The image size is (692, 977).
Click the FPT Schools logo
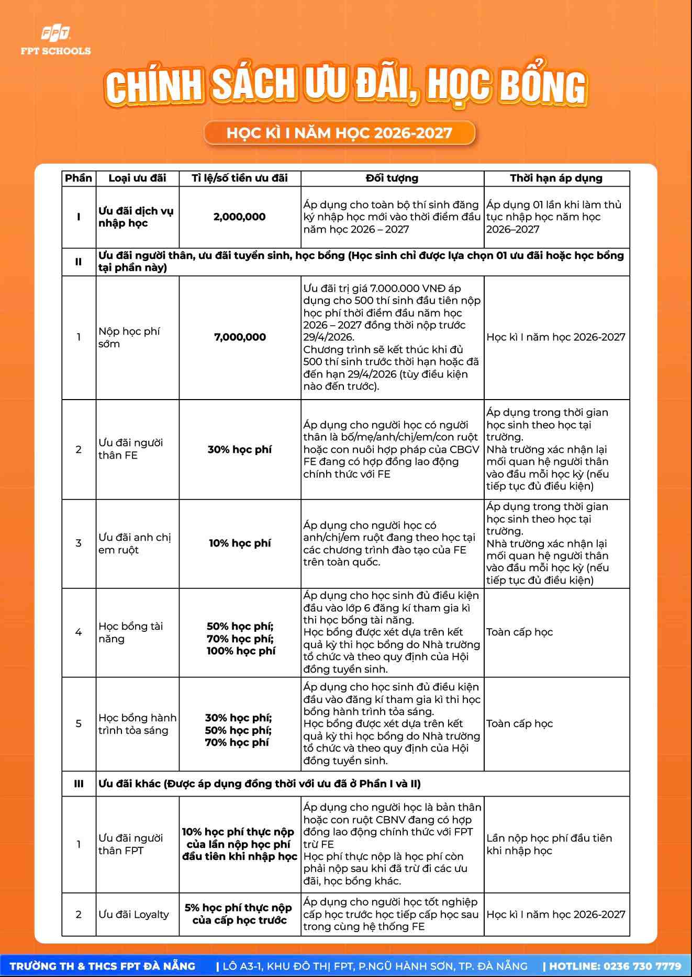(55, 41)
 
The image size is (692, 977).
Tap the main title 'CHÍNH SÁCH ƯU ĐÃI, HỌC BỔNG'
(345, 85)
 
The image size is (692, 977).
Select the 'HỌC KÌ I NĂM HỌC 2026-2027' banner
(339, 133)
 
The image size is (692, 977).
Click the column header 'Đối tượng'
(392, 178)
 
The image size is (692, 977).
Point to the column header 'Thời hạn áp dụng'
(556, 178)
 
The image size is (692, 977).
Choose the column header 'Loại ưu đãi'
(137, 178)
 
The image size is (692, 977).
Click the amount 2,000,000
(240, 217)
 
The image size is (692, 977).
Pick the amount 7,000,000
(240, 337)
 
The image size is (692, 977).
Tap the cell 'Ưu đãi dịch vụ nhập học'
(136, 217)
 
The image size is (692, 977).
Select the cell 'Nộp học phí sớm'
(129, 337)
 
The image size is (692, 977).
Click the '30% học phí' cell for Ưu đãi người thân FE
(240, 449)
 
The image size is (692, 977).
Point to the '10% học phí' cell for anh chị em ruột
(240, 543)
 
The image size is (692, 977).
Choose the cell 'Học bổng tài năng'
(131, 632)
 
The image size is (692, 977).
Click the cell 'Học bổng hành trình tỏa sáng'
(137, 724)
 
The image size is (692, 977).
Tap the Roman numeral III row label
(79, 783)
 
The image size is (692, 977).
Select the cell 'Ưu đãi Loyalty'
(134, 914)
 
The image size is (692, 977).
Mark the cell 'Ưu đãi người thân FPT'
(131, 844)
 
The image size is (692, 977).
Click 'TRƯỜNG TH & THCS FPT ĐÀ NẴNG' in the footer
(103, 966)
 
